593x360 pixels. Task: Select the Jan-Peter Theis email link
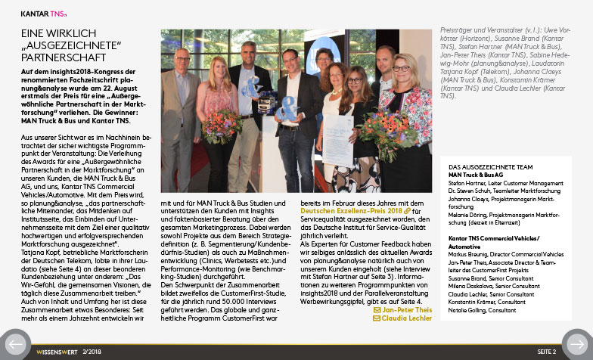408,310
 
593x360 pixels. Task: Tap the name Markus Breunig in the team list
467,254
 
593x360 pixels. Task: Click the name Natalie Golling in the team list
465,310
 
